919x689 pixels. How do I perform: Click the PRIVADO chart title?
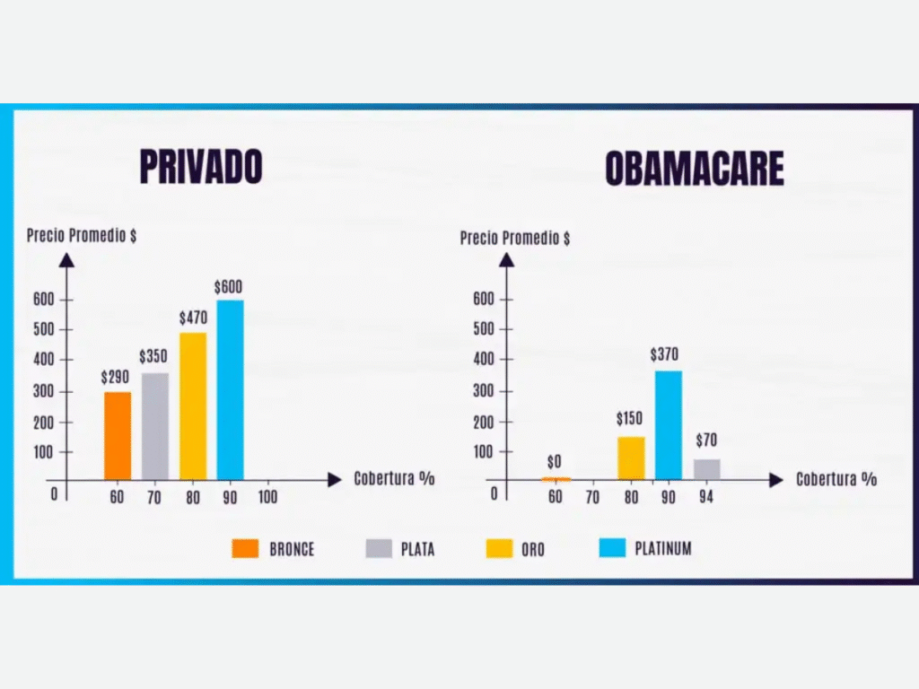click(x=200, y=167)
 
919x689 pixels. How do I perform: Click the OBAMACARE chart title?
click(x=694, y=168)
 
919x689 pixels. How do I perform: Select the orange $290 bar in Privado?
click(x=118, y=435)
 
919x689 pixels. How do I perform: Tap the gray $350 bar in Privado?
click(x=155, y=426)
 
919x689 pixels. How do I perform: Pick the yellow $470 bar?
click(x=193, y=406)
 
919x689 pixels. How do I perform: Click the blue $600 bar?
click(x=230, y=389)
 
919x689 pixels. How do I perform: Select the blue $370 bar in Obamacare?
click(x=668, y=424)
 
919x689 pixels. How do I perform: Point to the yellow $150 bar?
click(x=631, y=458)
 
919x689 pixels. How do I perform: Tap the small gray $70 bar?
click(x=706, y=469)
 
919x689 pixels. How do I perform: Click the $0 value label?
click(x=555, y=462)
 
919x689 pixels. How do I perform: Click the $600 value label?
click(x=228, y=287)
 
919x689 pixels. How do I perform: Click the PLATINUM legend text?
click(x=663, y=548)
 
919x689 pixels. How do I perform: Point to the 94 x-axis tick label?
click(x=706, y=497)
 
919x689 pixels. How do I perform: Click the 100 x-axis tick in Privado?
click(x=268, y=497)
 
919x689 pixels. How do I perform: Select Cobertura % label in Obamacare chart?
click(x=836, y=479)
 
